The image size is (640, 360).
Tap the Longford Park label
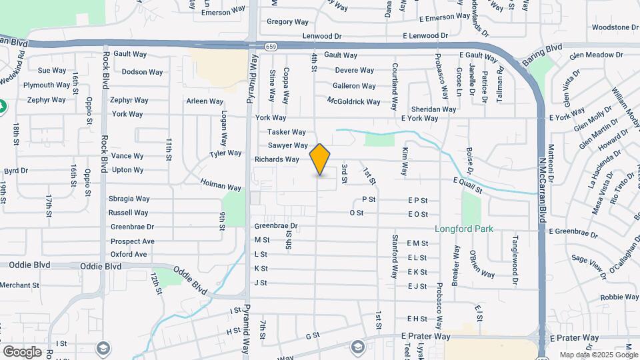click(464, 229)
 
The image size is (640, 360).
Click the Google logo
click(22, 351)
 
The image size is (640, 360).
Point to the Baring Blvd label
click(543, 49)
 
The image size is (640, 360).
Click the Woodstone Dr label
click(615, 27)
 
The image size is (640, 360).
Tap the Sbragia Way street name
click(131, 199)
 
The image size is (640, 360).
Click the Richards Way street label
click(277, 159)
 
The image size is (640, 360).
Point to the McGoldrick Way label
click(353, 101)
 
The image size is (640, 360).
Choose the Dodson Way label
click(142, 72)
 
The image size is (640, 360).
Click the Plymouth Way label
click(47, 85)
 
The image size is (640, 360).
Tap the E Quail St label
click(467, 181)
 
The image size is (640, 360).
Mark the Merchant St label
click(19, 285)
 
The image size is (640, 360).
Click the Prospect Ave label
click(132, 241)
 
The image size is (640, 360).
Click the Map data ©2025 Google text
click(597, 355)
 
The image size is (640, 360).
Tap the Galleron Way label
click(354, 86)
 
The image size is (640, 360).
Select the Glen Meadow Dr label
click(595, 55)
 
